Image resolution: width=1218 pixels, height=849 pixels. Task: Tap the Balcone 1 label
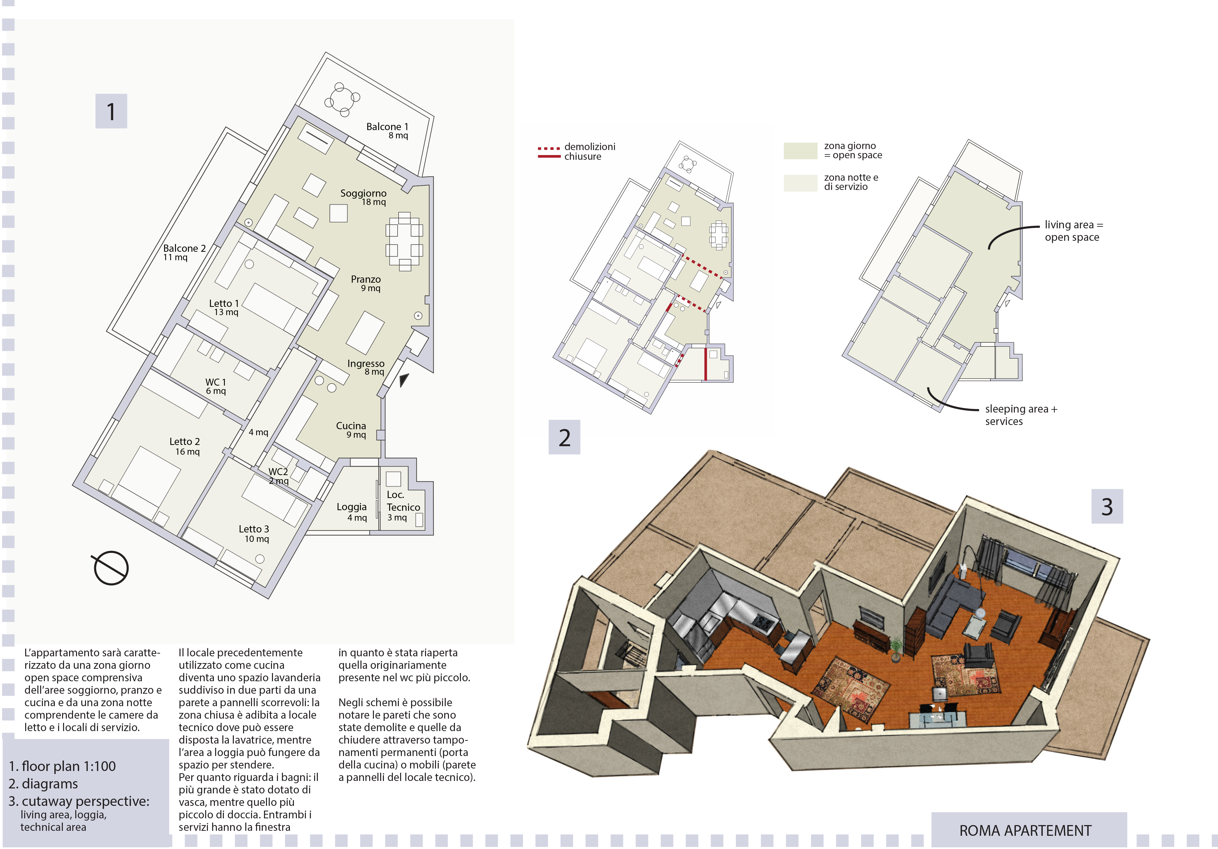tap(387, 127)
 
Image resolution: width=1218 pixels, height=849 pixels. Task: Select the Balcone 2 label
tap(184, 248)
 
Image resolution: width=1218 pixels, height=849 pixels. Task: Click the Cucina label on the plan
tap(351, 426)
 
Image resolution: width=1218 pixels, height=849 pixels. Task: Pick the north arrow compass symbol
tap(111, 568)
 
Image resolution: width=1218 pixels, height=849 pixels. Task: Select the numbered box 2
tap(564, 437)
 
